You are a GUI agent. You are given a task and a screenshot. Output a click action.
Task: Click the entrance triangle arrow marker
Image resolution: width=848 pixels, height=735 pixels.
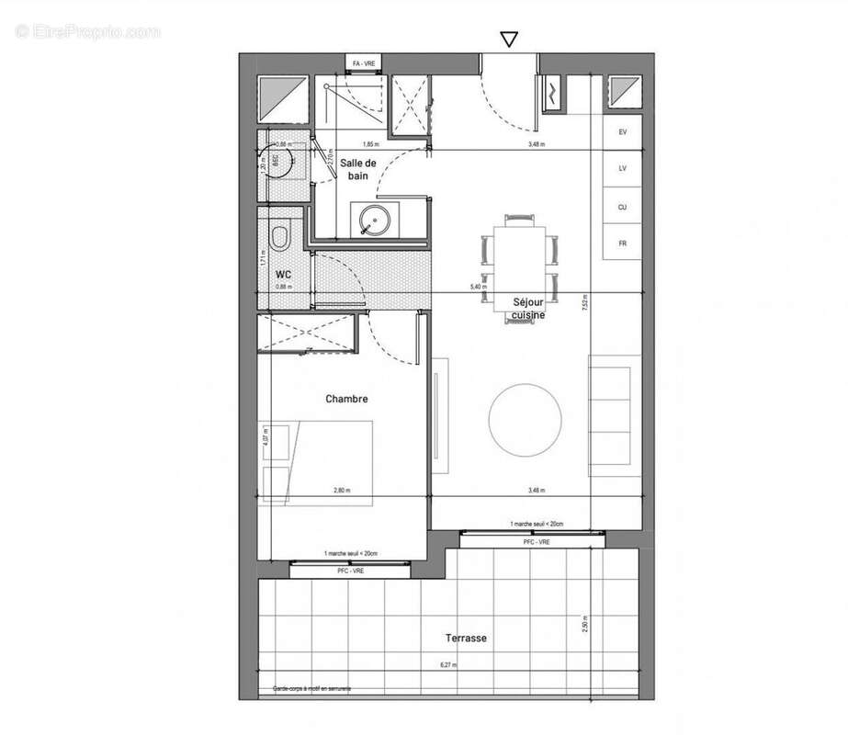click(508, 39)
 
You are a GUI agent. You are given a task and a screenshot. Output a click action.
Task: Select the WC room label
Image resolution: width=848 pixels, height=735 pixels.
click(284, 274)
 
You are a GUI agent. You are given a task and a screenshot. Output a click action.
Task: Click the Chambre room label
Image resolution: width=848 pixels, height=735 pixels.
click(346, 399)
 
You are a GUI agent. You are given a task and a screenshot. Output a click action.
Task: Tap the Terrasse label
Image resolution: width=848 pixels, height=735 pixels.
click(466, 638)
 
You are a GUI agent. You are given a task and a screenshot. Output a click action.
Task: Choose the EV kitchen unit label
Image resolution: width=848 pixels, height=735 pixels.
click(622, 132)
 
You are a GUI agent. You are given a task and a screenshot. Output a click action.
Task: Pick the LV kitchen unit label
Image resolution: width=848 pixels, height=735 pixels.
click(622, 169)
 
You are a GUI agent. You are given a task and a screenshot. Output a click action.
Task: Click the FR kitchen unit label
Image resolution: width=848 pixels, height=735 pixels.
click(622, 243)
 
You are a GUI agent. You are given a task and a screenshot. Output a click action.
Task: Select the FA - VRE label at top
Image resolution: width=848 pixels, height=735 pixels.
click(365, 62)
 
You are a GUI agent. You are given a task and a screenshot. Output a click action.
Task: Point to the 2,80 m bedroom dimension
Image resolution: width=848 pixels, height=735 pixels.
click(342, 491)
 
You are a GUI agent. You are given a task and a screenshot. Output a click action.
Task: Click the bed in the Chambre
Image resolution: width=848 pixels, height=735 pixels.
click(318, 462)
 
